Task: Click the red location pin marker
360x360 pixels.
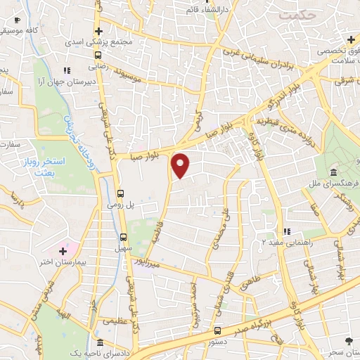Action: coord(181,166)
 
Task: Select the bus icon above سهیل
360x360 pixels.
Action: coord(124,238)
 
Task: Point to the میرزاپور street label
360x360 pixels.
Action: coord(154,260)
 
